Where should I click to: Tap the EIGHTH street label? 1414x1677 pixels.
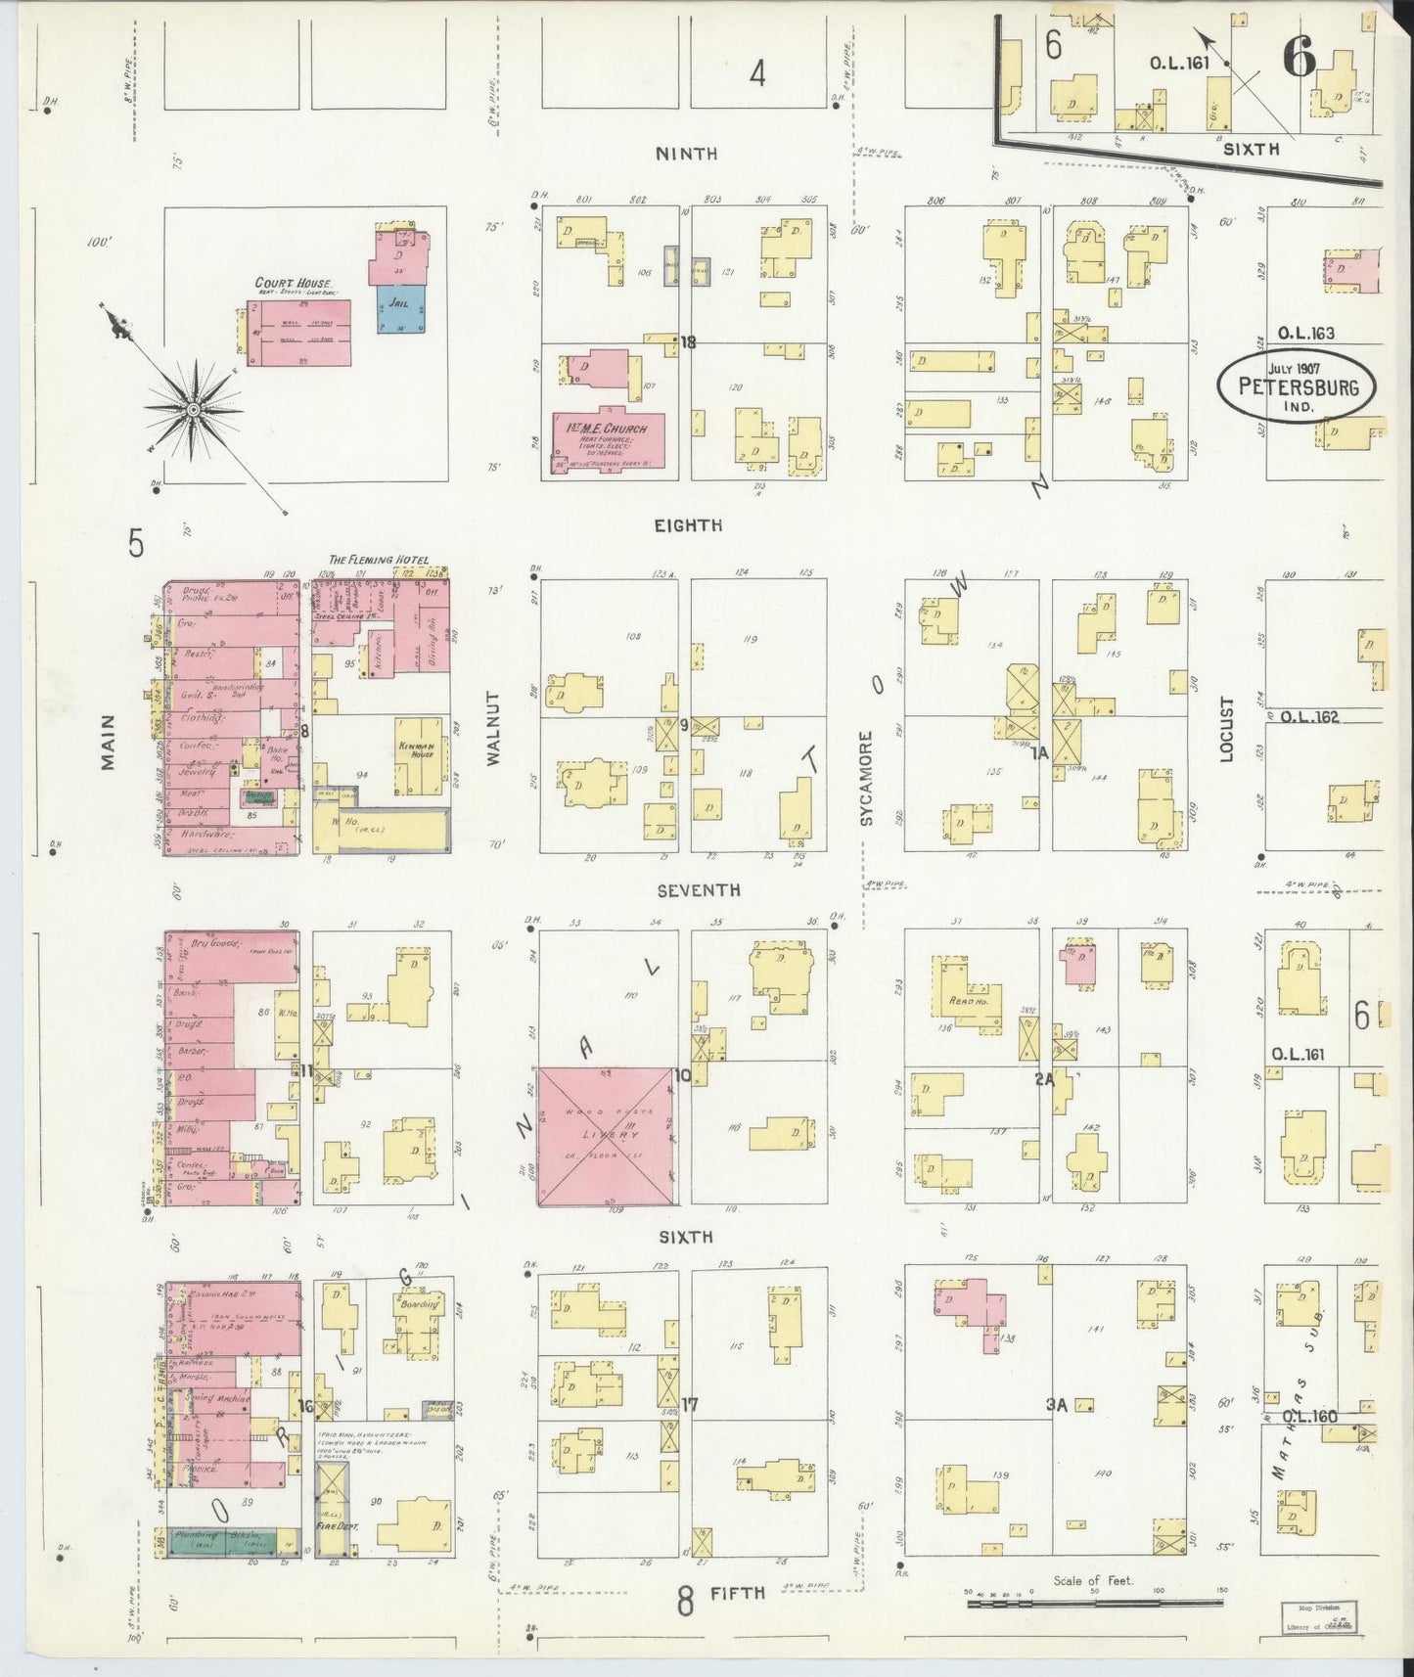pos(689,525)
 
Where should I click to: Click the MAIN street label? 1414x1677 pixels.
pos(108,741)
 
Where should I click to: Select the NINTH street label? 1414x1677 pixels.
pos(686,154)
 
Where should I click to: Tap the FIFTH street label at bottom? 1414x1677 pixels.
pos(737,1593)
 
